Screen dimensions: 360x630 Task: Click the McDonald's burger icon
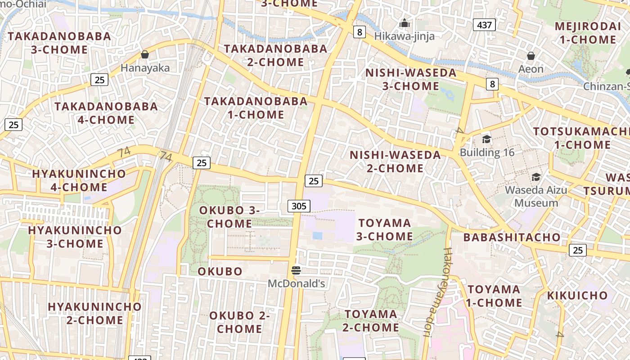click(296, 270)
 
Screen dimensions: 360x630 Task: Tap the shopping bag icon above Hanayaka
click(145, 54)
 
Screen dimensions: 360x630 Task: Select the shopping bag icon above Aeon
click(531, 56)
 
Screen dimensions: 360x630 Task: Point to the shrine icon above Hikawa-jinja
click(405, 22)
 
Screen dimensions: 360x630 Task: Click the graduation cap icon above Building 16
click(486, 139)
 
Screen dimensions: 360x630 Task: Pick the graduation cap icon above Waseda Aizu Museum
click(536, 177)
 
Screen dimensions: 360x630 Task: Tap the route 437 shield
click(484, 25)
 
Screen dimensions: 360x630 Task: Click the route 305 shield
click(299, 206)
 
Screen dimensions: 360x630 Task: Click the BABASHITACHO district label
click(512, 237)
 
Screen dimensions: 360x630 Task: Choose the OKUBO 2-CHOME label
click(239, 322)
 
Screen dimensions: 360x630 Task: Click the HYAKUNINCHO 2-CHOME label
click(94, 313)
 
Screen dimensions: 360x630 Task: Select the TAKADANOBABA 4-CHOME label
click(106, 113)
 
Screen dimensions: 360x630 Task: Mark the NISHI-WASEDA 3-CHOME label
click(411, 79)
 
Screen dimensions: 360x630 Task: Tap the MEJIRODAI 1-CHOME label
click(588, 33)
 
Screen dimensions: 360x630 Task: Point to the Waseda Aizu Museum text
click(536, 196)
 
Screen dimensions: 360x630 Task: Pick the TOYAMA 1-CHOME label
click(494, 296)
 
